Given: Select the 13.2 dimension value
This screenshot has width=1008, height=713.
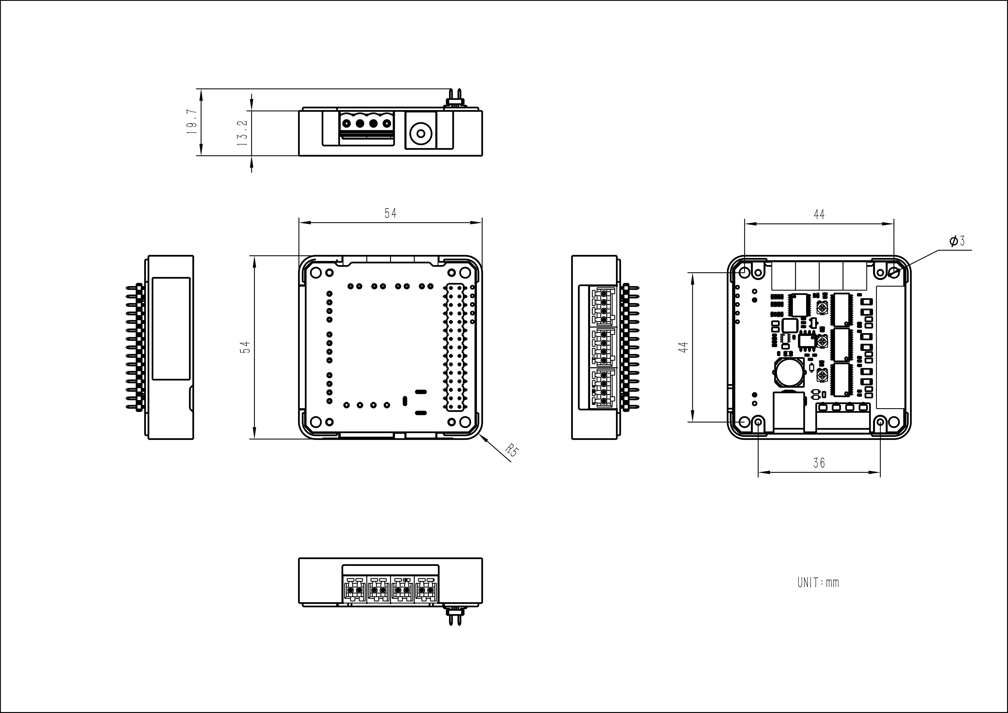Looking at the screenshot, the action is [x=242, y=133].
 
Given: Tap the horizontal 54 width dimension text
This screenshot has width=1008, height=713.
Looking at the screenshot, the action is [x=390, y=213].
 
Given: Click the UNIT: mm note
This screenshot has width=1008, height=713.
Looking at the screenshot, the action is [x=818, y=583].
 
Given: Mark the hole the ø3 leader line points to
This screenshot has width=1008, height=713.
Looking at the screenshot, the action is [x=893, y=272].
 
